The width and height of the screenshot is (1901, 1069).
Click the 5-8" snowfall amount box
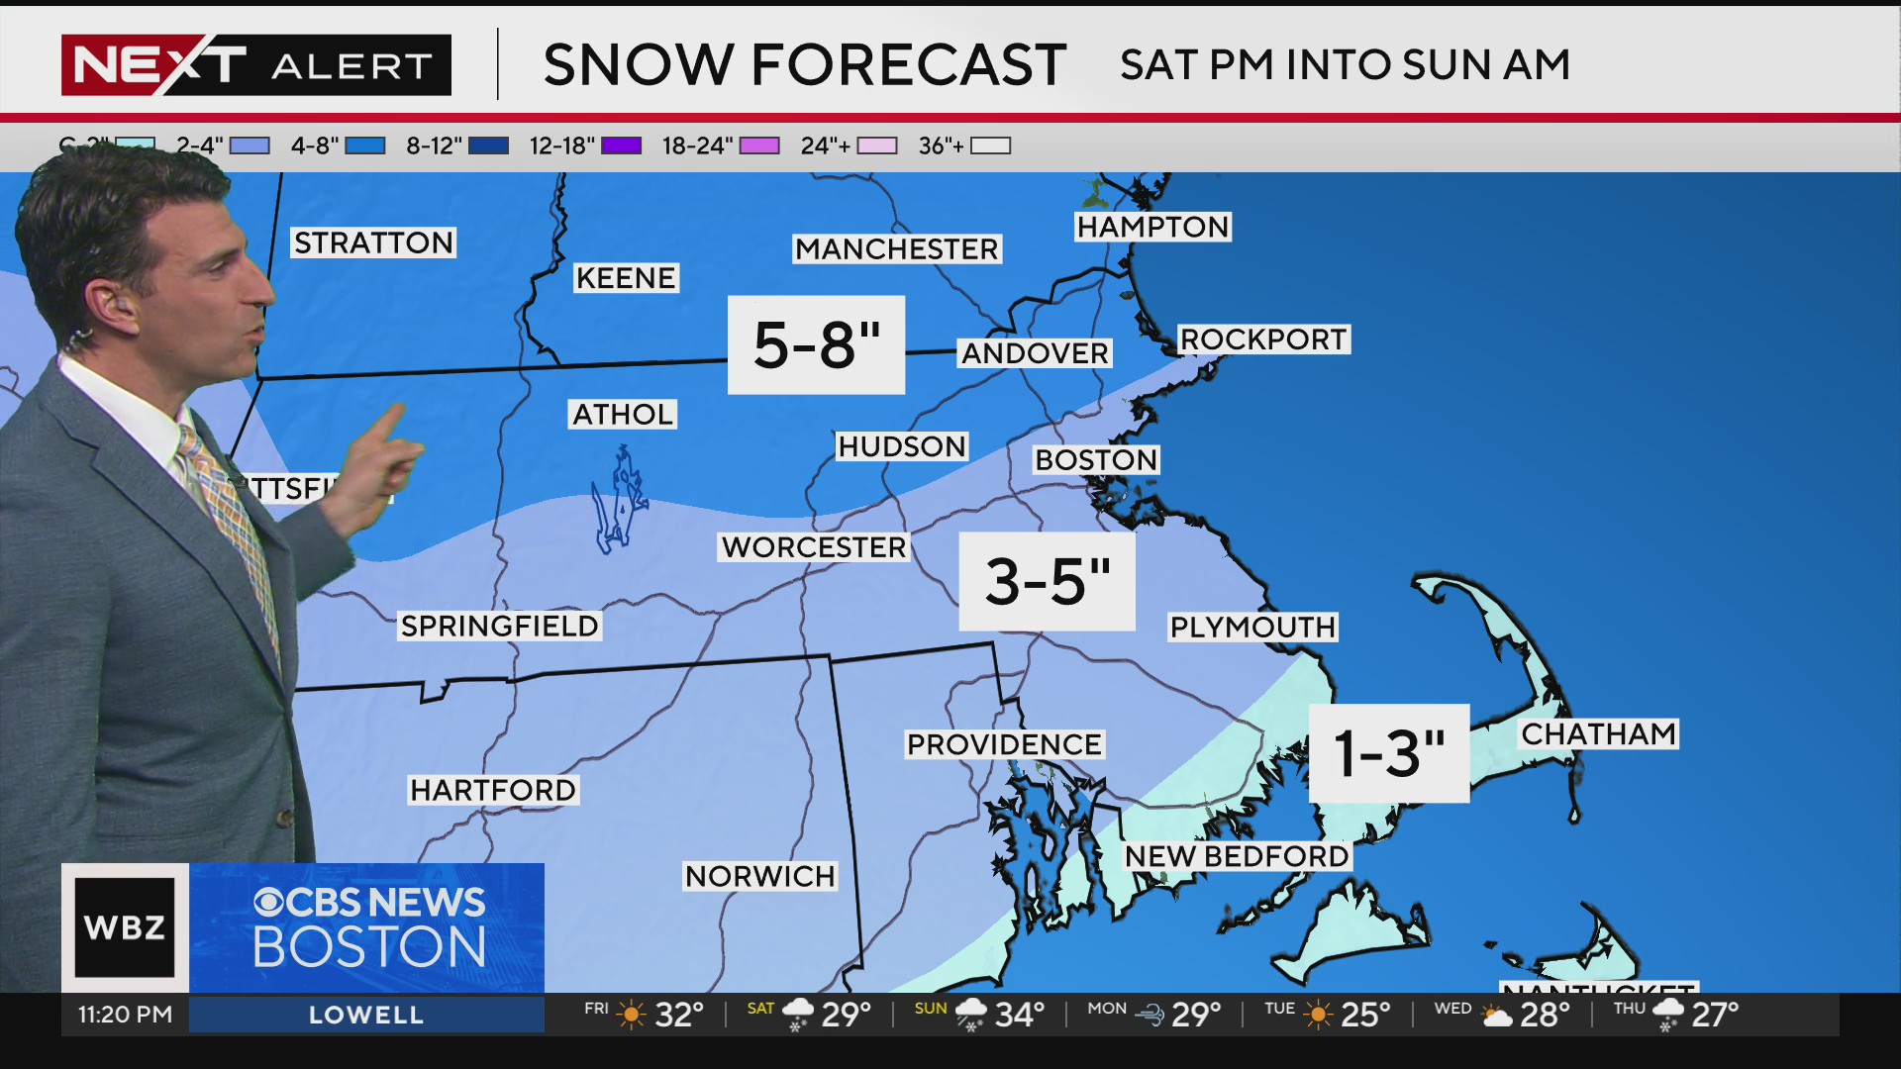816,344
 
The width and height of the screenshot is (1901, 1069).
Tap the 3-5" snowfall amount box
1047,581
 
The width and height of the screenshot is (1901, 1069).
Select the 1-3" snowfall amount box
1388,753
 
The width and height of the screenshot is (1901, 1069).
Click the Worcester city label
813,547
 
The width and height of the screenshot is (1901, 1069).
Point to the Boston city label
1095,460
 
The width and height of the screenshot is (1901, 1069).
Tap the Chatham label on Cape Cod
1598,734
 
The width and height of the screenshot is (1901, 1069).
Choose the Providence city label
1004,744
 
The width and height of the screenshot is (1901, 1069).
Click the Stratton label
373,243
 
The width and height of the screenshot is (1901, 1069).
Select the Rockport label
1262,340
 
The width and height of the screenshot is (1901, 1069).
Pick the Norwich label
759,876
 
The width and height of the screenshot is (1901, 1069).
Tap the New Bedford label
1236,856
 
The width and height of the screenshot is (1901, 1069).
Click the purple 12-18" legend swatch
621,146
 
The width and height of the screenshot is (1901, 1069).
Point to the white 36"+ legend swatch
990,146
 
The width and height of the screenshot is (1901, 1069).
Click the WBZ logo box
125,927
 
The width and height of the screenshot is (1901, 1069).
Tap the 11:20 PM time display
126,1015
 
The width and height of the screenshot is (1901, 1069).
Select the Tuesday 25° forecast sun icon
1318,1015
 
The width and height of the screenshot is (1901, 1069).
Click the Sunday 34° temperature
1019,1015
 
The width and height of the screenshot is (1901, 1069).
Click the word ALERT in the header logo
351,66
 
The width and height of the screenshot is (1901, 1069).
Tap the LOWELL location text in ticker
366,1015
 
